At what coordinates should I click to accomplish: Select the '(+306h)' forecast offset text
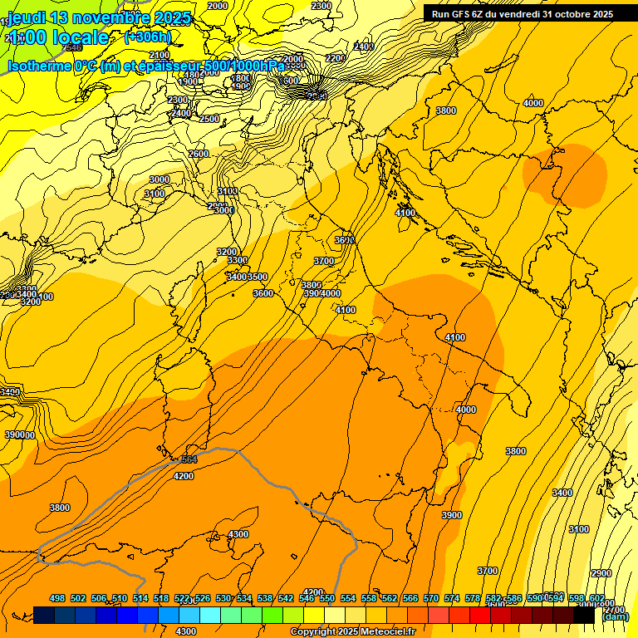coord(148,37)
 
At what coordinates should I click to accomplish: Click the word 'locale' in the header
coord(80,37)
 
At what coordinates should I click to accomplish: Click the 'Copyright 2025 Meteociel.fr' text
coord(352,631)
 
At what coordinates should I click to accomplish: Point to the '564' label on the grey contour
coord(189,459)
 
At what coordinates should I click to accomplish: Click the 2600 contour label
coord(199,155)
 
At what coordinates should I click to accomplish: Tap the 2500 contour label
coord(209,119)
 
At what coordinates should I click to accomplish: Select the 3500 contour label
coord(258,277)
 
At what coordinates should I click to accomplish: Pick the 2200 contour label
coord(335,58)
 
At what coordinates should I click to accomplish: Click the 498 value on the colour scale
coord(57,598)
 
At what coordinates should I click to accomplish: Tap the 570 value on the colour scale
coord(430,598)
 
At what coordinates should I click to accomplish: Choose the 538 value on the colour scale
coord(264,598)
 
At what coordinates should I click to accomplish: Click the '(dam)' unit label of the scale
coord(615,616)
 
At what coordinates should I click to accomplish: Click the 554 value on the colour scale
coord(347,598)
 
